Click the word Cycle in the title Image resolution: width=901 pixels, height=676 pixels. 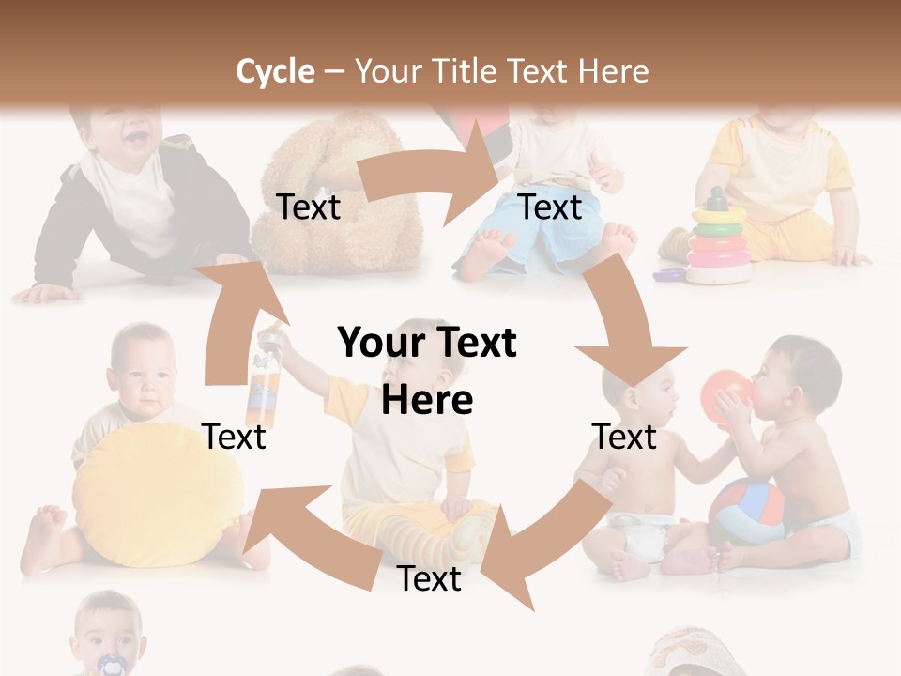tap(275, 71)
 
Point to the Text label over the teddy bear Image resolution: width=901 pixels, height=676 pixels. tap(308, 207)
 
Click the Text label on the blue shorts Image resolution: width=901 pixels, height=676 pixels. tap(550, 207)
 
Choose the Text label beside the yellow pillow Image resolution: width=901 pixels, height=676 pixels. tap(234, 437)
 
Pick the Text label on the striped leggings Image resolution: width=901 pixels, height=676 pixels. tap(429, 579)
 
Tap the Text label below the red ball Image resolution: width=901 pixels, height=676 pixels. tap(624, 437)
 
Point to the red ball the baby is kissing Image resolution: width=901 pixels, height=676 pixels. tap(727, 390)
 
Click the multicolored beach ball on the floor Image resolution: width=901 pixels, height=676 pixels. tap(746, 512)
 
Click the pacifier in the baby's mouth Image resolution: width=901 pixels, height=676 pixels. tap(111, 665)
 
